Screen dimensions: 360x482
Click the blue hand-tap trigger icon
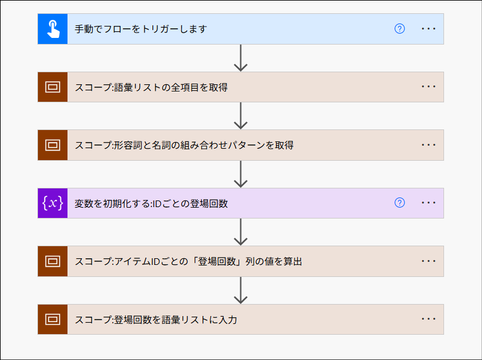53,29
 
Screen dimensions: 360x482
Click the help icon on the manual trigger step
399,29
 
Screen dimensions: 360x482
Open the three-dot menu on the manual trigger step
428,29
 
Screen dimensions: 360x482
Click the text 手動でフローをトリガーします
141,29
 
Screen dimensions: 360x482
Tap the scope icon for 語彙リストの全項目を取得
53,87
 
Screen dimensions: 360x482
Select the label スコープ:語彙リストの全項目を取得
151,87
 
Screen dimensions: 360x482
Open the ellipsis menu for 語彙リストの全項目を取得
428,87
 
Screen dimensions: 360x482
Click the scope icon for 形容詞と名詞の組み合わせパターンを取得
53,145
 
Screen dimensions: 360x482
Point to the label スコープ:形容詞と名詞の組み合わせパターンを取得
184,145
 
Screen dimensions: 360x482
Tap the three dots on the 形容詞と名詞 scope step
428,145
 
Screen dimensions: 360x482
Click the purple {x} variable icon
53,203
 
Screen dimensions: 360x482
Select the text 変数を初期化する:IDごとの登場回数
151,203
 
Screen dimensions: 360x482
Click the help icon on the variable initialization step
399,203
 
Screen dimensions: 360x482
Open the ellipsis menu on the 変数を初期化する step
428,203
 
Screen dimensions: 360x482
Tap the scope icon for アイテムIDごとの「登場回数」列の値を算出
53,261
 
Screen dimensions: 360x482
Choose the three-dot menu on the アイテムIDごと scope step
428,261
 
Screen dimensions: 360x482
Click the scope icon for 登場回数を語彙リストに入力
53,319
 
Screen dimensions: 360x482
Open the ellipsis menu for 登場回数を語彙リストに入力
428,319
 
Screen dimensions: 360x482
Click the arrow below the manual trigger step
241,58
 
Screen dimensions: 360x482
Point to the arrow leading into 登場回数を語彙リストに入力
241,290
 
